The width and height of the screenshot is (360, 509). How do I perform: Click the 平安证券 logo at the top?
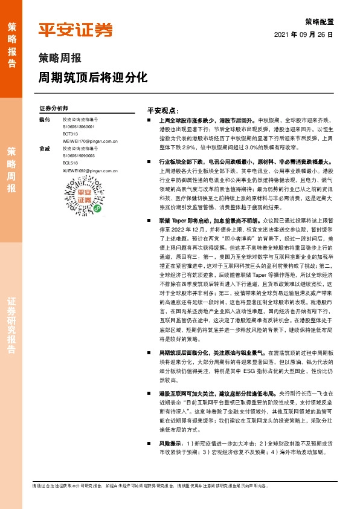click(76, 30)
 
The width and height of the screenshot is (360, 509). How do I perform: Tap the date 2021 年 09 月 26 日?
click(304, 34)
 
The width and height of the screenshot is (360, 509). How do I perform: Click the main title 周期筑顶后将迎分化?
click(93, 78)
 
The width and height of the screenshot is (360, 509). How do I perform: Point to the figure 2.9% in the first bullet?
click(189, 146)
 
